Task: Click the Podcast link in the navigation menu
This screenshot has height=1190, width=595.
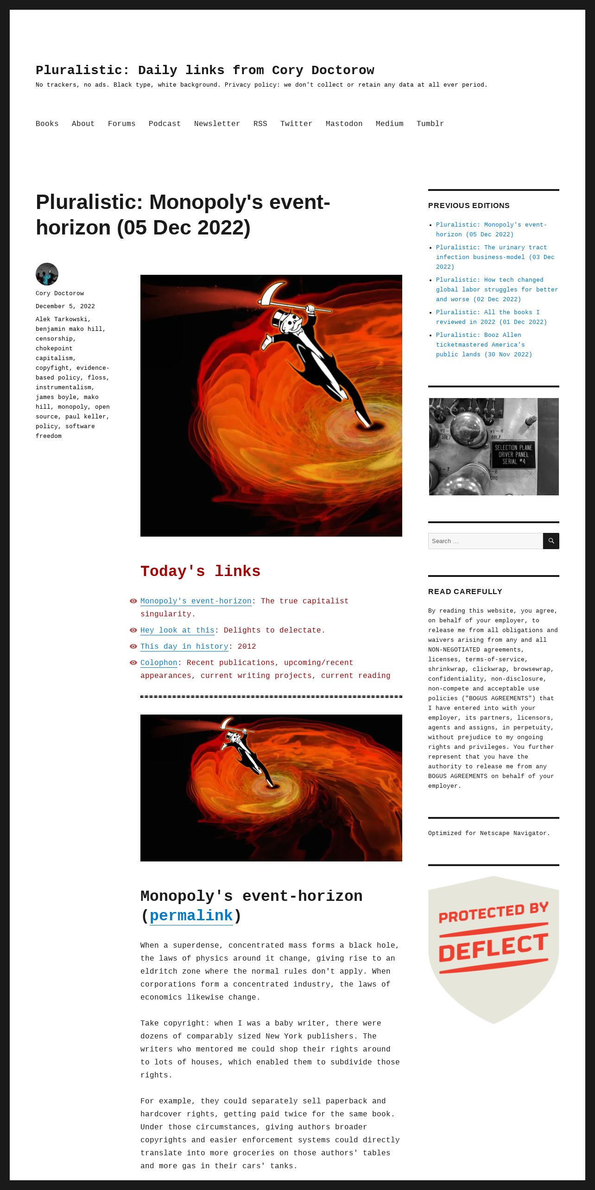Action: (x=165, y=124)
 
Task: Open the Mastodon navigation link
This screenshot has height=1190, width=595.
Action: (x=344, y=124)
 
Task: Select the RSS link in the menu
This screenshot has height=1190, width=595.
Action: (x=260, y=124)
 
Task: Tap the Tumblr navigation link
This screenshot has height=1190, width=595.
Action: (x=430, y=124)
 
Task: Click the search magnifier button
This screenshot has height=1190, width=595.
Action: (x=551, y=541)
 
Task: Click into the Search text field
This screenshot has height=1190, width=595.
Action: (x=485, y=541)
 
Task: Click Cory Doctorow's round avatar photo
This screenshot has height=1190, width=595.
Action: (x=47, y=274)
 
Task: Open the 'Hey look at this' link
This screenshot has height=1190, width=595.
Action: (x=177, y=630)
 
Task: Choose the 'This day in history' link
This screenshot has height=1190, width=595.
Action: (x=184, y=646)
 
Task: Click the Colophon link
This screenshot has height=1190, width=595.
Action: (x=159, y=663)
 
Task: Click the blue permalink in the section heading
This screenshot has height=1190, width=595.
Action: (x=191, y=916)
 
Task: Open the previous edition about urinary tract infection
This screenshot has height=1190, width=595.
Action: (x=495, y=257)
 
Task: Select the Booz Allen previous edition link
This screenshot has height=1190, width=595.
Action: (x=484, y=345)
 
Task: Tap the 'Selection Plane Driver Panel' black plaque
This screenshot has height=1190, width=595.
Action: (x=513, y=454)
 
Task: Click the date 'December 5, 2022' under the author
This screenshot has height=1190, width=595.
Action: (x=65, y=306)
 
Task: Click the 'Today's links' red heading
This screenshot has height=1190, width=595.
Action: (x=200, y=571)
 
